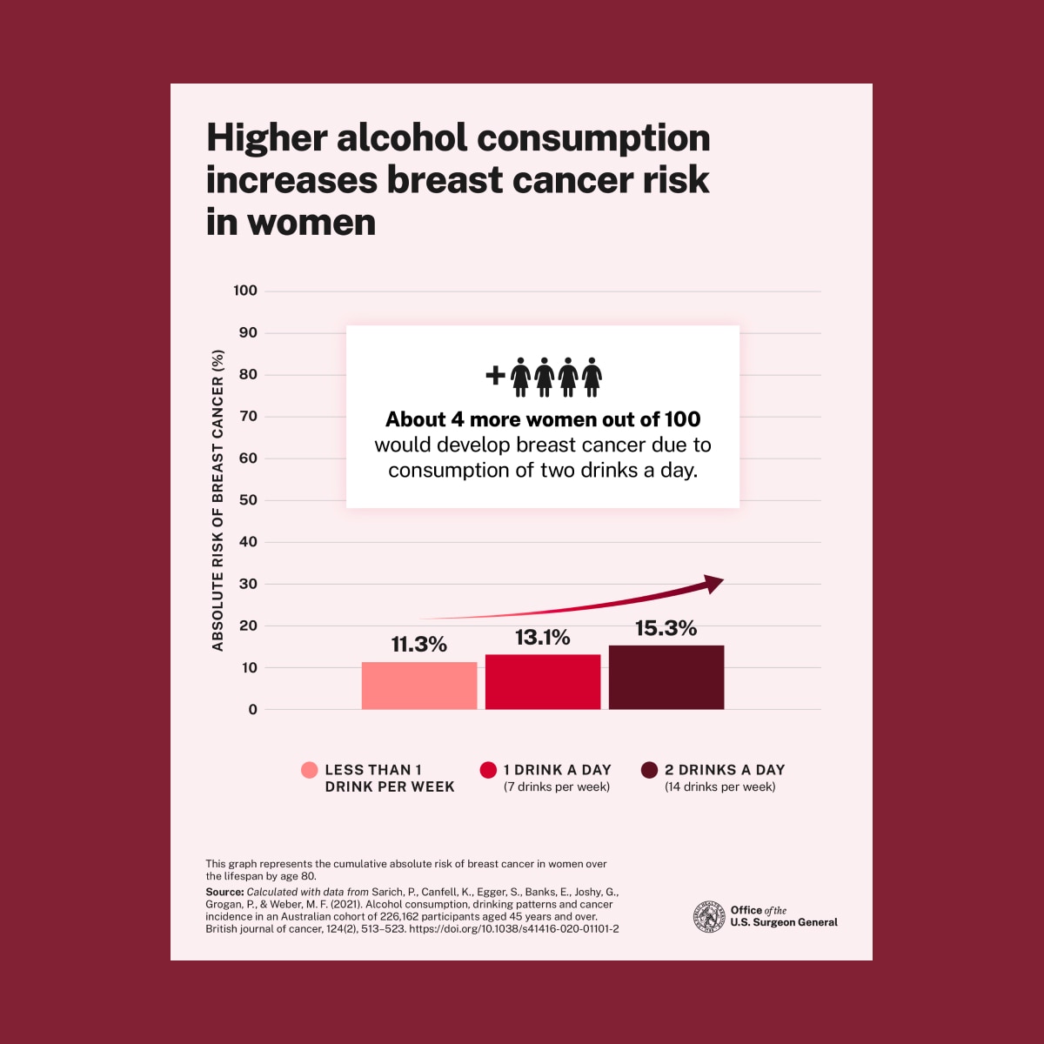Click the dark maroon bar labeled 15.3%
point(666,677)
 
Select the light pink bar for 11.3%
point(419,686)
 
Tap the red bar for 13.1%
point(543,681)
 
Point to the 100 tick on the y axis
point(245,291)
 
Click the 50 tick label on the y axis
point(248,500)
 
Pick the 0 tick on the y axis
point(252,710)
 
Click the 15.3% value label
point(666,628)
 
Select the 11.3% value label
point(418,645)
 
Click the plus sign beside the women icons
point(495,375)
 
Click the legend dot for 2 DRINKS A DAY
point(649,770)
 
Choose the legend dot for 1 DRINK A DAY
point(488,770)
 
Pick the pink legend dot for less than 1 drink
point(309,770)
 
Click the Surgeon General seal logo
point(709,917)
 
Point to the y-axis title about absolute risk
point(218,500)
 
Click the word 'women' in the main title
point(311,222)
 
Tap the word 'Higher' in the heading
point(266,138)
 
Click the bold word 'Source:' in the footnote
point(224,892)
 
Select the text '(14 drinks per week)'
point(719,787)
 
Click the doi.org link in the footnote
point(513,929)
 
